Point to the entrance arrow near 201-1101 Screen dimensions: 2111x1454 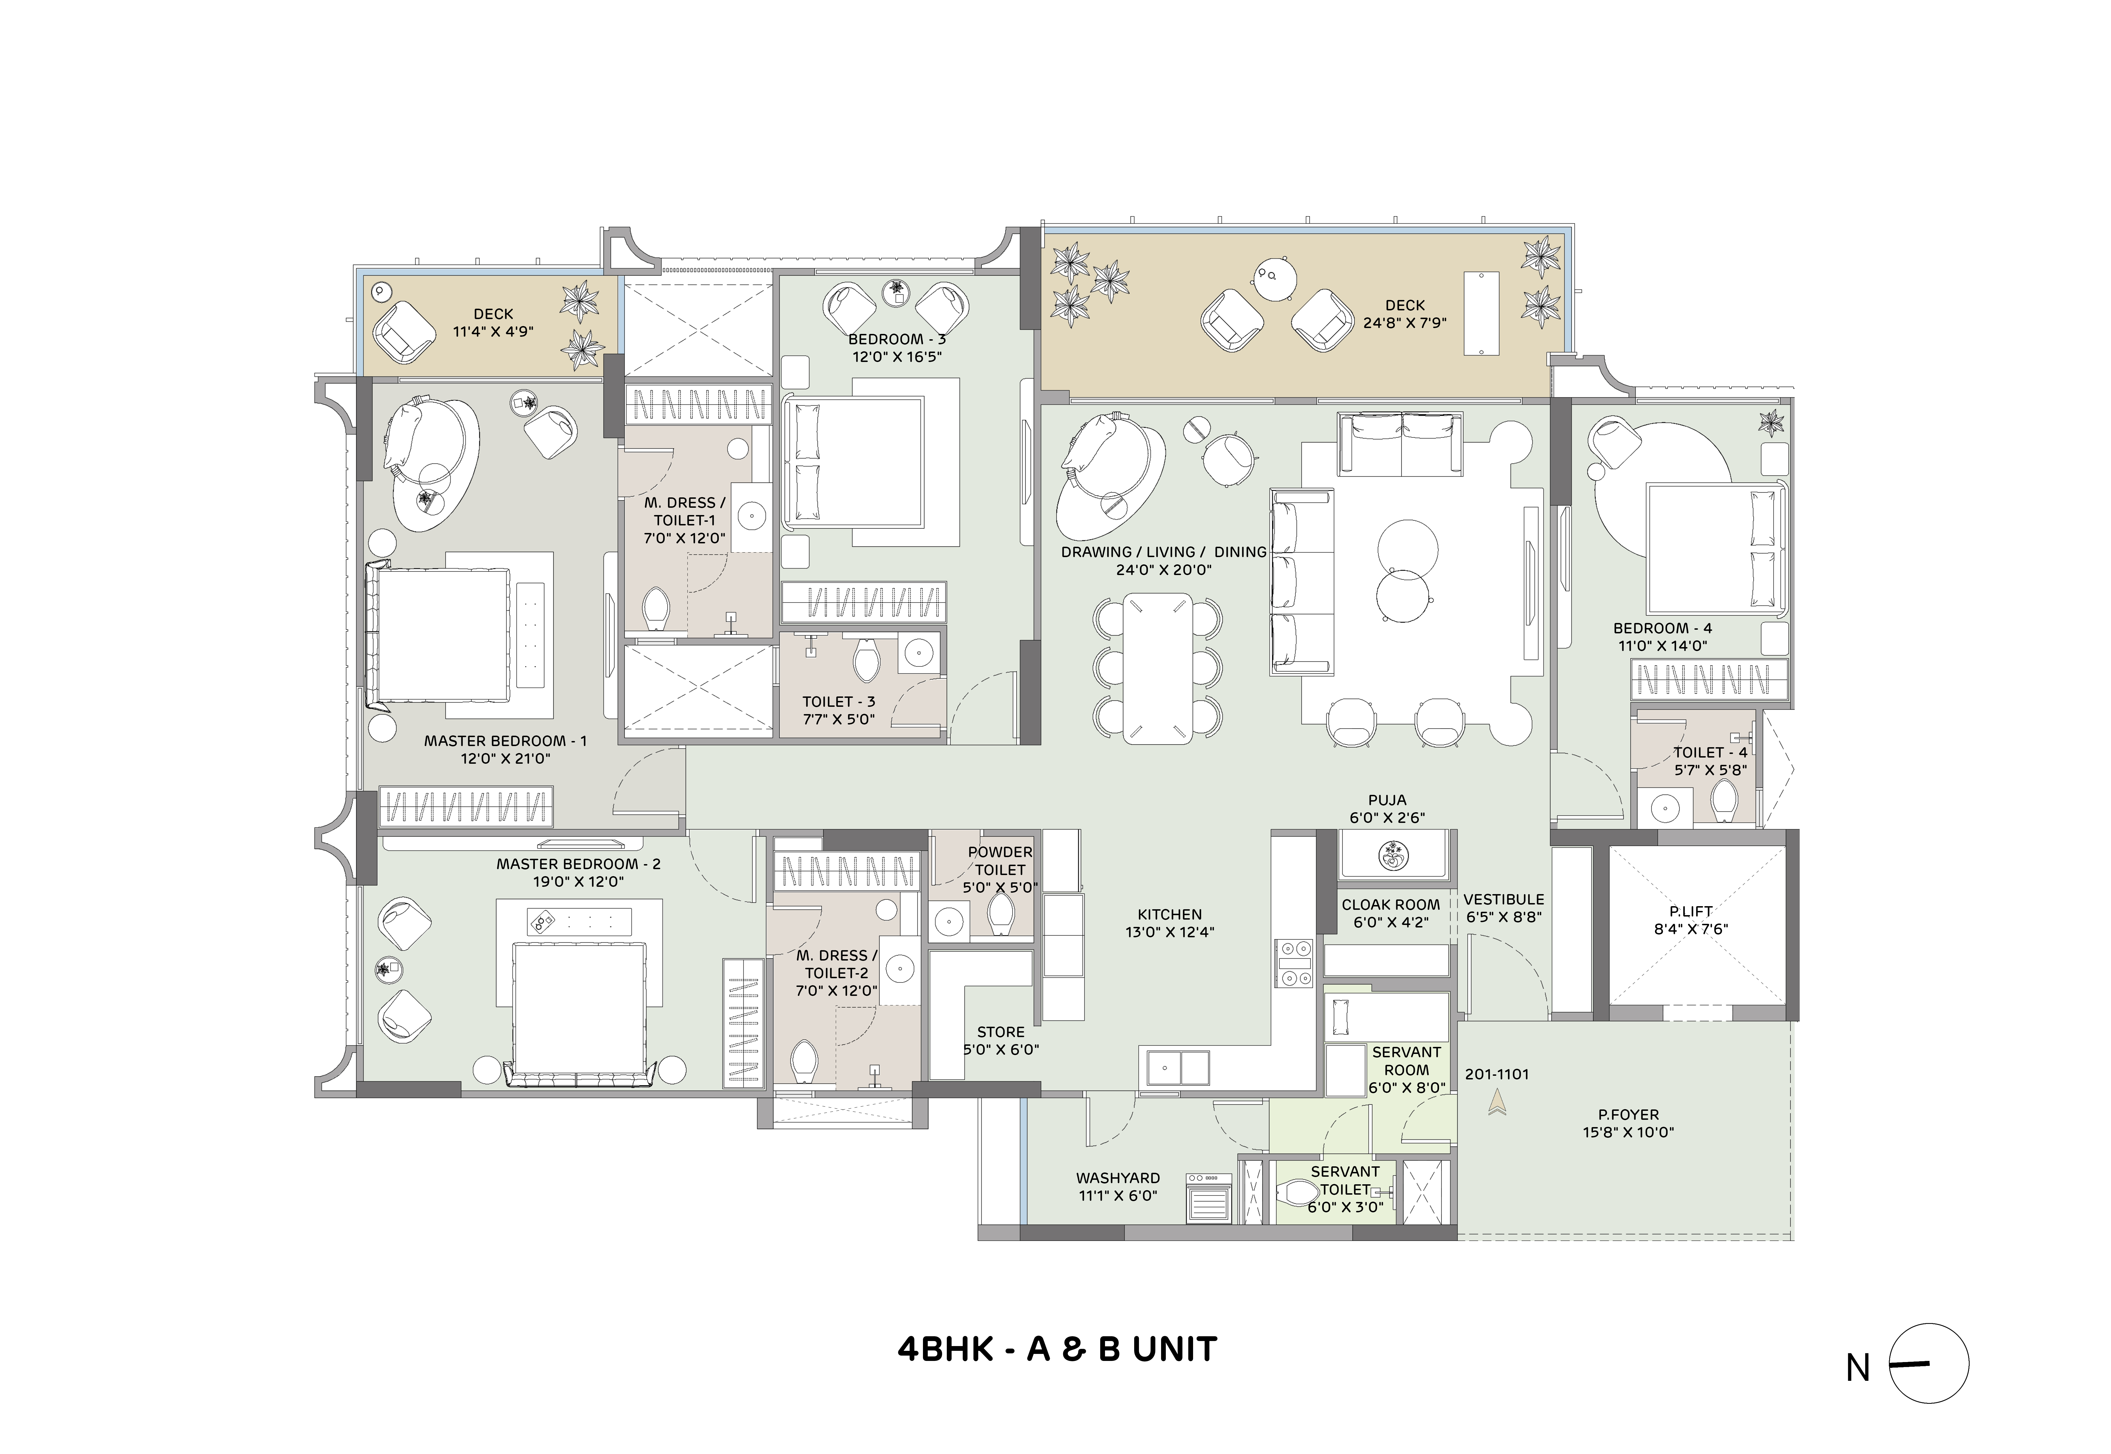click(1496, 1104)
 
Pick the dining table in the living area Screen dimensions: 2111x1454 click(1157, 669)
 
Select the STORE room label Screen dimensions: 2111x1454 click(1000, 1032)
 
